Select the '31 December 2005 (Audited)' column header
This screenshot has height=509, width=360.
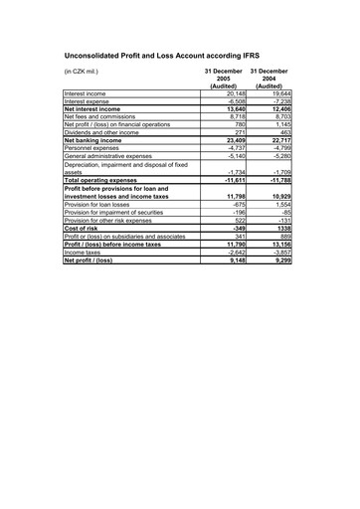[x=224, y=80]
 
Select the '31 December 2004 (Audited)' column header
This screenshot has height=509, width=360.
[x=270, y=80]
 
